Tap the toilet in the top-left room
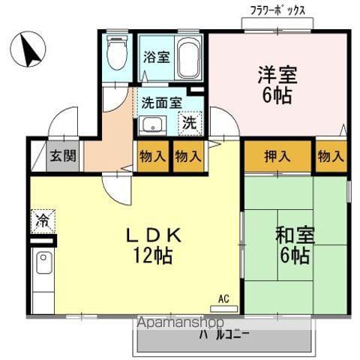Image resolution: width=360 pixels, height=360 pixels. click(x=117, y=53)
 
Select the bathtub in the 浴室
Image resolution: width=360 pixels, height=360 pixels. click(x=187, y=58)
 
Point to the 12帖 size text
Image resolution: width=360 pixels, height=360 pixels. click(x=155, y=256)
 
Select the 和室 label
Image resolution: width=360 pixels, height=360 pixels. click(x=293, y=235)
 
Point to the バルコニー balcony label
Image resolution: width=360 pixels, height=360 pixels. click(x=224, y=335)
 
